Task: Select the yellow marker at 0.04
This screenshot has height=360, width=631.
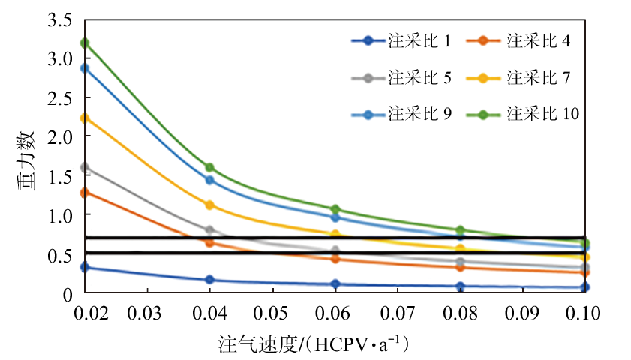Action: click(x=209, y=205)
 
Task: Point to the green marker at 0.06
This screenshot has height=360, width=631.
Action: click(x=335, y=209)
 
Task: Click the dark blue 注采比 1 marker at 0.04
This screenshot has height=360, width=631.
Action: click(x=209, y=279)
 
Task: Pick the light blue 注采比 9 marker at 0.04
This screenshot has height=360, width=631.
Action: click(x=209, y=179)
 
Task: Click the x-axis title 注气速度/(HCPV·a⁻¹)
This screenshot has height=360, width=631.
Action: click(x=315, y=344)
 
